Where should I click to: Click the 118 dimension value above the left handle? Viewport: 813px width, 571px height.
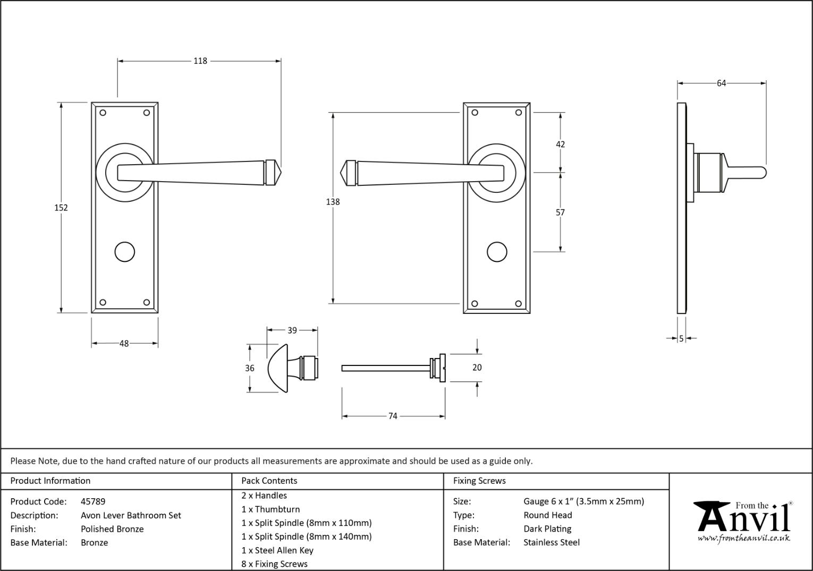point(200,61)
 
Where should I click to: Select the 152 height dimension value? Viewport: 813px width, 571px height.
point(61,208)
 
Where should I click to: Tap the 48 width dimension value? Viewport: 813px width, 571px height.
point(124,344)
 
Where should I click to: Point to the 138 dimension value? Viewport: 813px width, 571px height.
point(333,202)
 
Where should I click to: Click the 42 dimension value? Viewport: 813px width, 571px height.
point(560,144)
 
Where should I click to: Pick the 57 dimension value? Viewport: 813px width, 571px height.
point(560,212)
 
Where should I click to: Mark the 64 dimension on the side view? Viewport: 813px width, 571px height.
point(721,83)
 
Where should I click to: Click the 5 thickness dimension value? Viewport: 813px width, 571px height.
point(681,338)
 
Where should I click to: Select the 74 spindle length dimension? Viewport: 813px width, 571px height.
point(393,416)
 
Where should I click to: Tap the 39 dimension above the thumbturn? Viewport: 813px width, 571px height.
point(292,330)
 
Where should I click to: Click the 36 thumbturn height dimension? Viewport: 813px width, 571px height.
point(250,368)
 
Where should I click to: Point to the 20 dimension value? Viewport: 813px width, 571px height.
point(477,368)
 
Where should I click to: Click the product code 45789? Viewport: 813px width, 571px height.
point(93,501)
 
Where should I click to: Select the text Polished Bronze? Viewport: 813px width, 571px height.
point(112,529)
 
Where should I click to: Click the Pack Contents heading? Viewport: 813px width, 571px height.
point(269,481)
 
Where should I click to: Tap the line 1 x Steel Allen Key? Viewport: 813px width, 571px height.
point(277,550)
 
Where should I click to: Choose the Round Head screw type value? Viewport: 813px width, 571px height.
point(548,515)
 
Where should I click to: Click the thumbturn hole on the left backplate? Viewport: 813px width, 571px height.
point(125,252)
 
